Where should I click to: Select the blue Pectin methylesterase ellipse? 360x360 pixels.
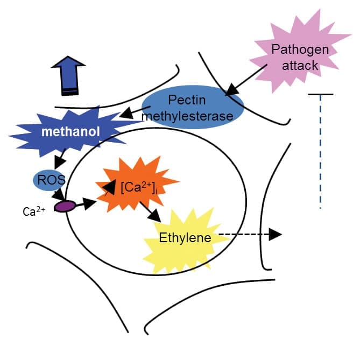point(193,108)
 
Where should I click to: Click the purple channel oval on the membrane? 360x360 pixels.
point(64,206)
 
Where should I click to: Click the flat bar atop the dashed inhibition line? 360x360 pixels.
point(321,94)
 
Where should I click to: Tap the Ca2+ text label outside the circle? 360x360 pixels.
point(33,211)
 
